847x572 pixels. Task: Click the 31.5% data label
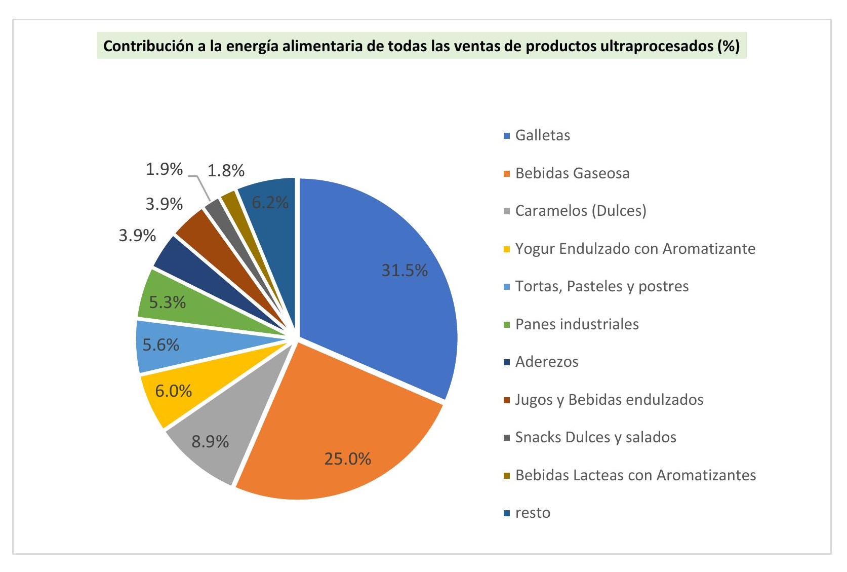pos(405,270)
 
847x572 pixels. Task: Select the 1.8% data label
pos(226,170)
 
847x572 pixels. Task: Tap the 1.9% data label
pos(164,169)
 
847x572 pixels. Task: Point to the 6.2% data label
pos(270,203)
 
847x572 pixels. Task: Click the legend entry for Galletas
pos(542,135)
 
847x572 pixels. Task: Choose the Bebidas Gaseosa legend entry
pos(572,173)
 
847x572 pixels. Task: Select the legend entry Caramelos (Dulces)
pos(580,211)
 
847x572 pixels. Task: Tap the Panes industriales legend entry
pos(577,324)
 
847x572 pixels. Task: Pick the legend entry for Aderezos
pos(546,362)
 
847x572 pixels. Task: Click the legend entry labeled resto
pos(533,513)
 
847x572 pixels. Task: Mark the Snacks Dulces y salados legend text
pos(595,437)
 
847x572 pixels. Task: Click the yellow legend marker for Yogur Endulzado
pos(507,249)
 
